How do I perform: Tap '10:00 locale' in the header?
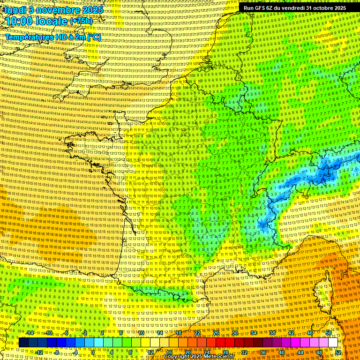(x=36, y=21)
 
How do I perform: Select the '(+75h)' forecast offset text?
(x=81, y=21)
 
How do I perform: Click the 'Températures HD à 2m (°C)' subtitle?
(x=52, y=37)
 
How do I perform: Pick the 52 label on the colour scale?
(x=338, y=352)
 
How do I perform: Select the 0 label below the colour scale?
(x=93, y=352)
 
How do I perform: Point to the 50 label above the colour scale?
(x=329, y=333)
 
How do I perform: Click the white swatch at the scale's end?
(x=333, y=343)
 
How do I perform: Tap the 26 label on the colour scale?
(x=216, y=333)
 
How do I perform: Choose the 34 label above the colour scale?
(x=254, y=333)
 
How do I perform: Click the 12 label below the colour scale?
(x=150, y=352)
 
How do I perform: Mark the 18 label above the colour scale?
(x=179, y=333)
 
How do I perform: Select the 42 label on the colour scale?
(x=291, y=333)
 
